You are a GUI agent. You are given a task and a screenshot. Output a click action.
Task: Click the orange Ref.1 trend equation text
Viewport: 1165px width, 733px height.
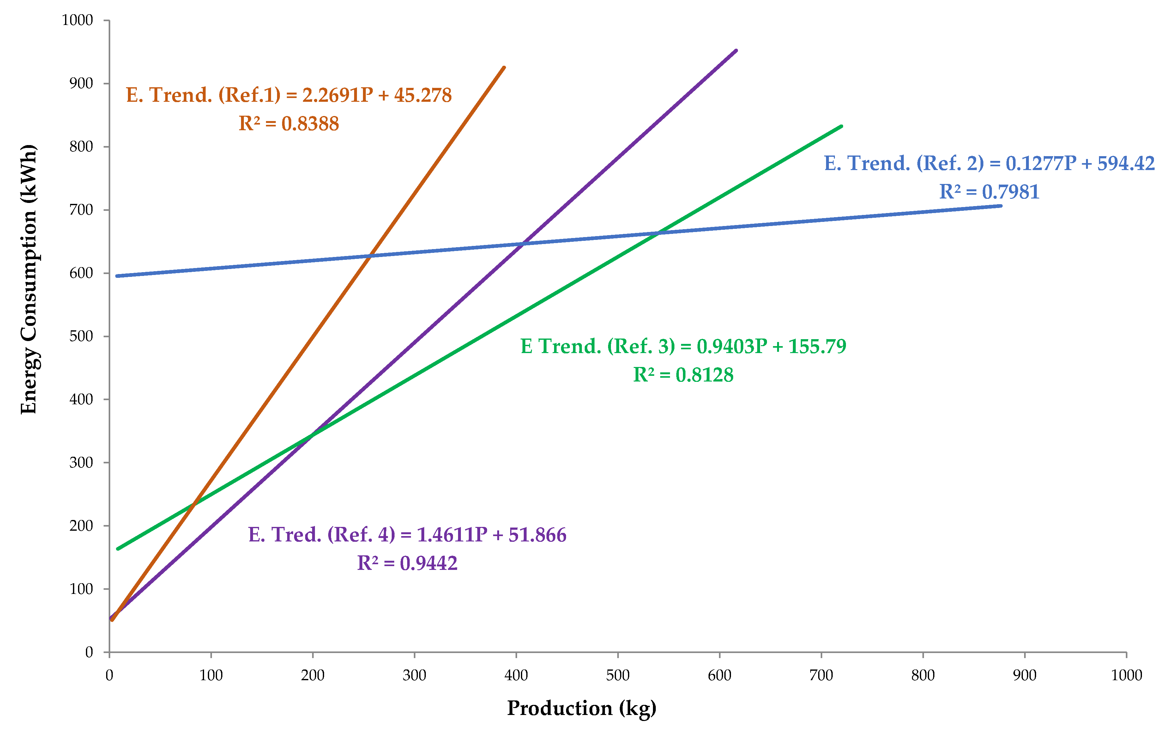(288, 95)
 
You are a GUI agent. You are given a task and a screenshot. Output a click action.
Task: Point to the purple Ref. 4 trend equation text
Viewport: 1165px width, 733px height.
(407, 534)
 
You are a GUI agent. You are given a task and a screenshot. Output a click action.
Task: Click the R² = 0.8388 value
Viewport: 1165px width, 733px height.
(288, 124)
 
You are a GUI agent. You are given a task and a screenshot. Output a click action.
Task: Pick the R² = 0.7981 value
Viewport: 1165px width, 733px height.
(989, 192)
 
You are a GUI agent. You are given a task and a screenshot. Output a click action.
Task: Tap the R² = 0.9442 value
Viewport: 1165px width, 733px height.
(407, 563)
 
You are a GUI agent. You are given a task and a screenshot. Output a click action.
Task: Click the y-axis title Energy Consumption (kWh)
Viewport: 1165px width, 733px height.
(29, 279)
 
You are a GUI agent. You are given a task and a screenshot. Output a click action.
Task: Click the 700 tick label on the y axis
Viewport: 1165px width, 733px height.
(81, 210)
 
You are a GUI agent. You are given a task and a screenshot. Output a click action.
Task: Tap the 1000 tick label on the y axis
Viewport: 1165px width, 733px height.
(77, 20)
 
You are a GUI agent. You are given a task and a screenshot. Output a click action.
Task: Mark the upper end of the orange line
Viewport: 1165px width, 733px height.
(504, 68)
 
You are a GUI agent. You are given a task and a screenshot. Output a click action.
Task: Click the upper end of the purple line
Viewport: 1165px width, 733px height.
(736, 50)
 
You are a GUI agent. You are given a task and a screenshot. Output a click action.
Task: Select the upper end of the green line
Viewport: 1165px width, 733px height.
(842, 126)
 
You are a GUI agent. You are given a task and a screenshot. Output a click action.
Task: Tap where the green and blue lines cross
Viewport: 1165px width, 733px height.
(658, 233)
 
